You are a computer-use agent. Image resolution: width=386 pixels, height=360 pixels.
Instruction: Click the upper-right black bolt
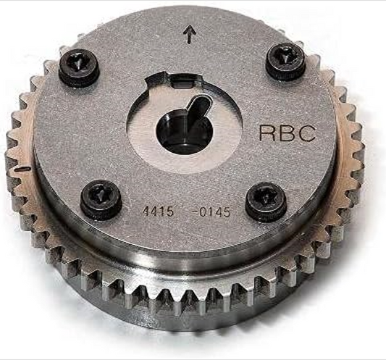tap(284, 62)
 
